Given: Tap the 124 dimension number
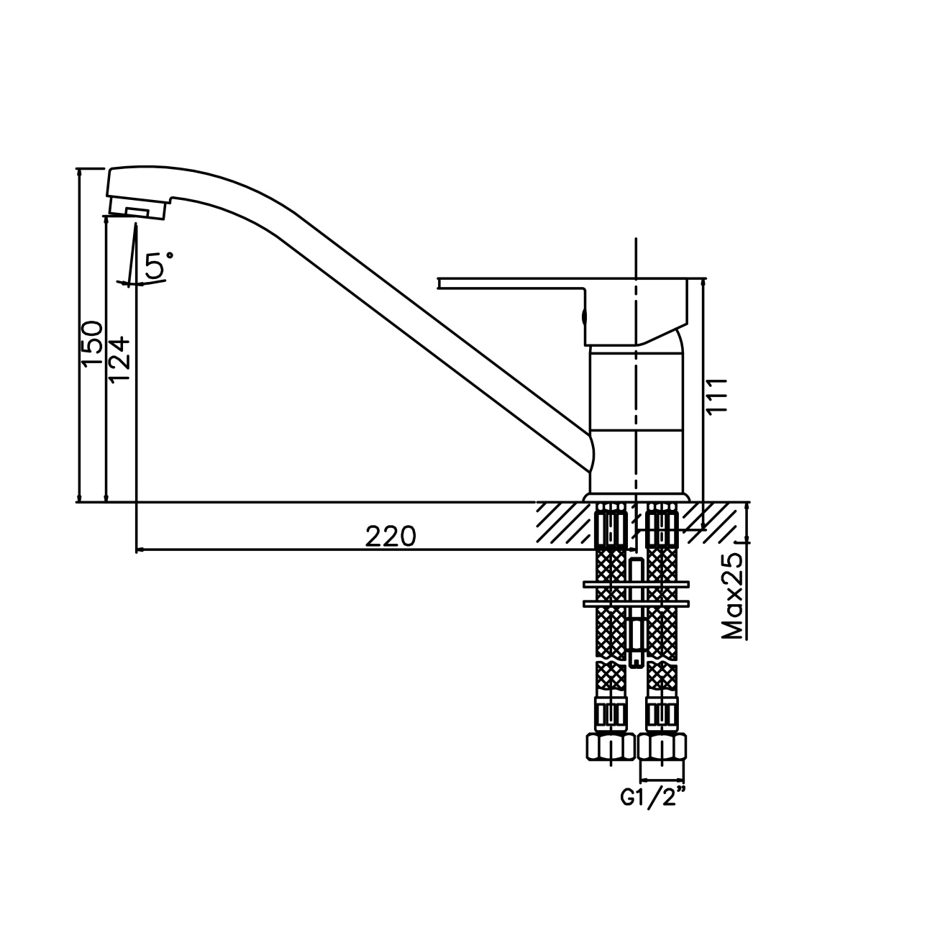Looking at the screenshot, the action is (119, 360).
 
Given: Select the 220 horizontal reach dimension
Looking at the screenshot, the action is (391, 537).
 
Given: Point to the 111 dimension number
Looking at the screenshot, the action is (718, 395).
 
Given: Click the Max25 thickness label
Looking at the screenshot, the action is (732, 597).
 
